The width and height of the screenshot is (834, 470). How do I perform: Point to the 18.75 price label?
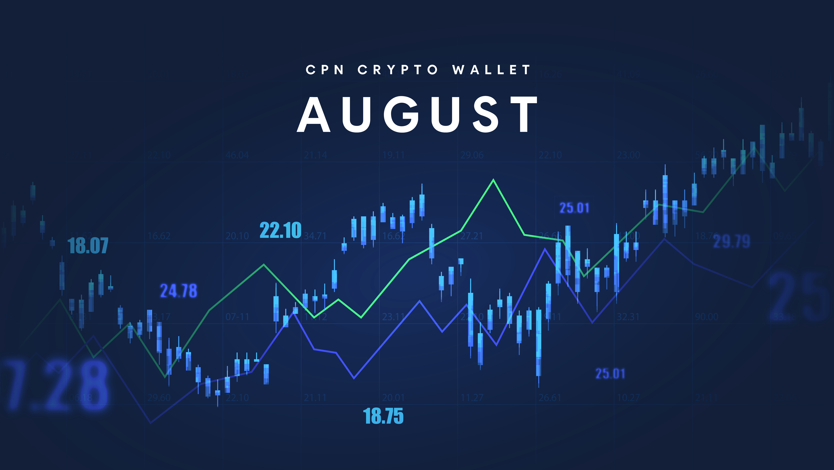(383, 416)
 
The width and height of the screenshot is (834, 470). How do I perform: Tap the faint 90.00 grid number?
(706, 317)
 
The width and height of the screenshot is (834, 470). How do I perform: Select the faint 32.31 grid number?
(628, 317)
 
